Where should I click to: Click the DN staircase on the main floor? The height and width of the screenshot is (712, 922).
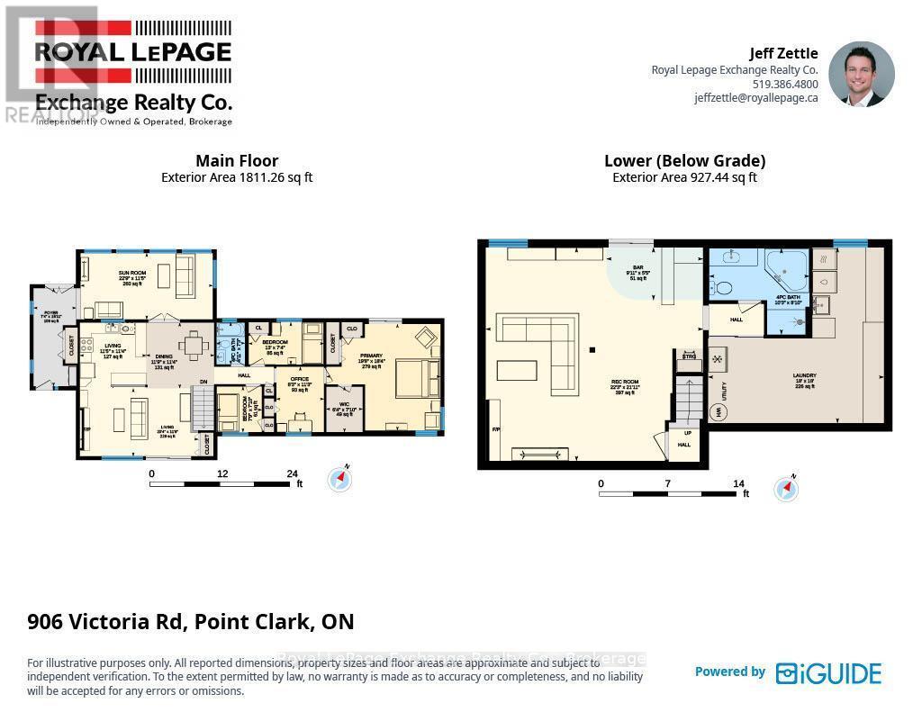[x=204, y=410]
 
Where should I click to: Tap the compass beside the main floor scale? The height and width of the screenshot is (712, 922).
[x=340, y=478]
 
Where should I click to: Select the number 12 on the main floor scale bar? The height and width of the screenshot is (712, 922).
[x=221, y=473]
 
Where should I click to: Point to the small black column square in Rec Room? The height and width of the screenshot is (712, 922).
[x=592, y=349]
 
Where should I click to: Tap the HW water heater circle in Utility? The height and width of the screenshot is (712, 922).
[x=719, y=412]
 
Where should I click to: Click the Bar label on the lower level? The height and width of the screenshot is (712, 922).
[x=637, y=269]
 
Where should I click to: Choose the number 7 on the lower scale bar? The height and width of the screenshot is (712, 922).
[x=668, y=483]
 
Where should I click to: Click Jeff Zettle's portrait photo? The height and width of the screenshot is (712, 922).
[x=861, y=74]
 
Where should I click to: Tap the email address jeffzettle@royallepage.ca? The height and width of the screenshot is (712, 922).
[x=755, y=98]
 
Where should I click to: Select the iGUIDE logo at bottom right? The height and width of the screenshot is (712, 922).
[x=828, y=672]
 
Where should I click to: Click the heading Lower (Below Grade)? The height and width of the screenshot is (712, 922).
[x=684, y=161]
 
